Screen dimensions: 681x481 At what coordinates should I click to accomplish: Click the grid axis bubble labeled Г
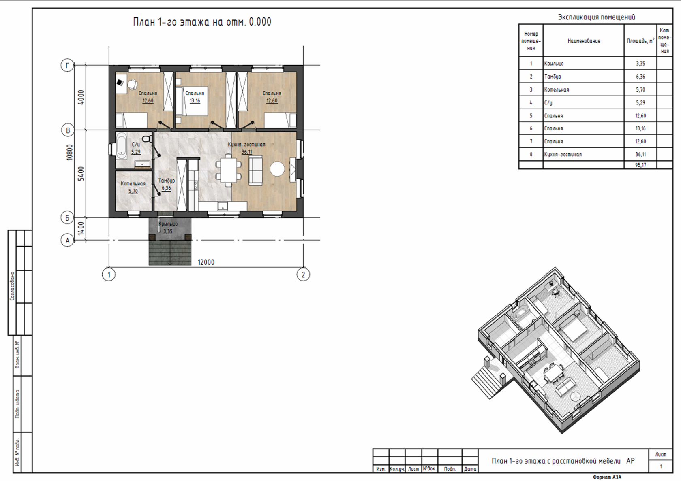67,65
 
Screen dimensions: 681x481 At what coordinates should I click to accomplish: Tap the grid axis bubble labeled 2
303,275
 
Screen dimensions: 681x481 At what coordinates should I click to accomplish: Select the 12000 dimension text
206,262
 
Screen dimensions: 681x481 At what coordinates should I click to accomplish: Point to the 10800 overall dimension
70,152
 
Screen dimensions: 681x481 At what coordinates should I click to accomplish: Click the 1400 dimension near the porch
81,229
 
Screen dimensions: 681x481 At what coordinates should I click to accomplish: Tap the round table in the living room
277,169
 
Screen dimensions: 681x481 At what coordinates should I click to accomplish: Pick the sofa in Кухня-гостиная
256,170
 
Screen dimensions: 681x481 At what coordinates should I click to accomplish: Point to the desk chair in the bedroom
132,84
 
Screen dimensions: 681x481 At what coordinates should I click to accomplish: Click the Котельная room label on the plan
133,184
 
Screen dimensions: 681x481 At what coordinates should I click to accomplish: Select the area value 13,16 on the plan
195,100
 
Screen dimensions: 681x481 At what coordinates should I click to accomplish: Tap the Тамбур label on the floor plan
166,181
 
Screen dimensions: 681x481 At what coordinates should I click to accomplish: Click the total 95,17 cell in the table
640,165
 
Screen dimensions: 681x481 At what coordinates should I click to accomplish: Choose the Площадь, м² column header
640,40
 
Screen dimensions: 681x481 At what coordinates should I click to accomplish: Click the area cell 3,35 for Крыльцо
640,64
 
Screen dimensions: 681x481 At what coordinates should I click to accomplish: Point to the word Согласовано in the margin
12,286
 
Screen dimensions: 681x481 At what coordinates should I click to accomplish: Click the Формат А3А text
607,477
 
